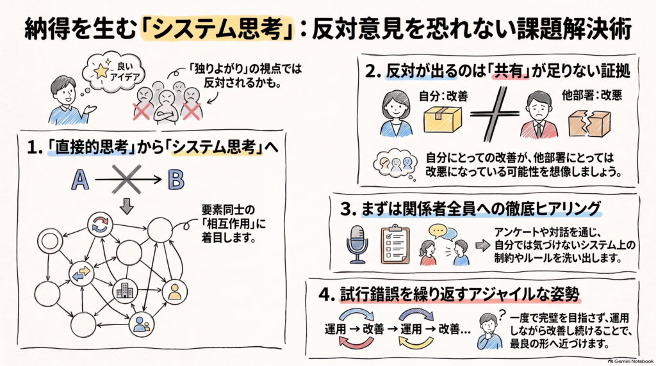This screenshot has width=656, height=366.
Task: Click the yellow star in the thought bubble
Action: [101, 72]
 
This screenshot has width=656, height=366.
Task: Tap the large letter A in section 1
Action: [80, 180]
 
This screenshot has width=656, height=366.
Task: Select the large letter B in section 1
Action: [176, 180]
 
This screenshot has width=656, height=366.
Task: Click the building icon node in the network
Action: [125, 290]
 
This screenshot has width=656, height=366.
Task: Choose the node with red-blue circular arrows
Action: [100, 225]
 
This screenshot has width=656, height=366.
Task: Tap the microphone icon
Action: [357, 244]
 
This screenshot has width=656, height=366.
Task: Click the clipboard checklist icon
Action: [395, 244]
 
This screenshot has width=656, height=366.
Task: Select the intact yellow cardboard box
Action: [442, 120]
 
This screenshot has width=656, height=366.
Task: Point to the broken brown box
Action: [589, 123]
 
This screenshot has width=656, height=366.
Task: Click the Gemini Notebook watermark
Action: [630, 361]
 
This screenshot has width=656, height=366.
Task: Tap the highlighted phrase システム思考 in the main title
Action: [217, 29]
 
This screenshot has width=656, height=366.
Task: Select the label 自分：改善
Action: [443, 96]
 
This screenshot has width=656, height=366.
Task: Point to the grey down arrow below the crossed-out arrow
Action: [126, 206]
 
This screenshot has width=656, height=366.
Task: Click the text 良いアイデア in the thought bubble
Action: [125, 71]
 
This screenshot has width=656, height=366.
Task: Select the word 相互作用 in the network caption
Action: [229, 223]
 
